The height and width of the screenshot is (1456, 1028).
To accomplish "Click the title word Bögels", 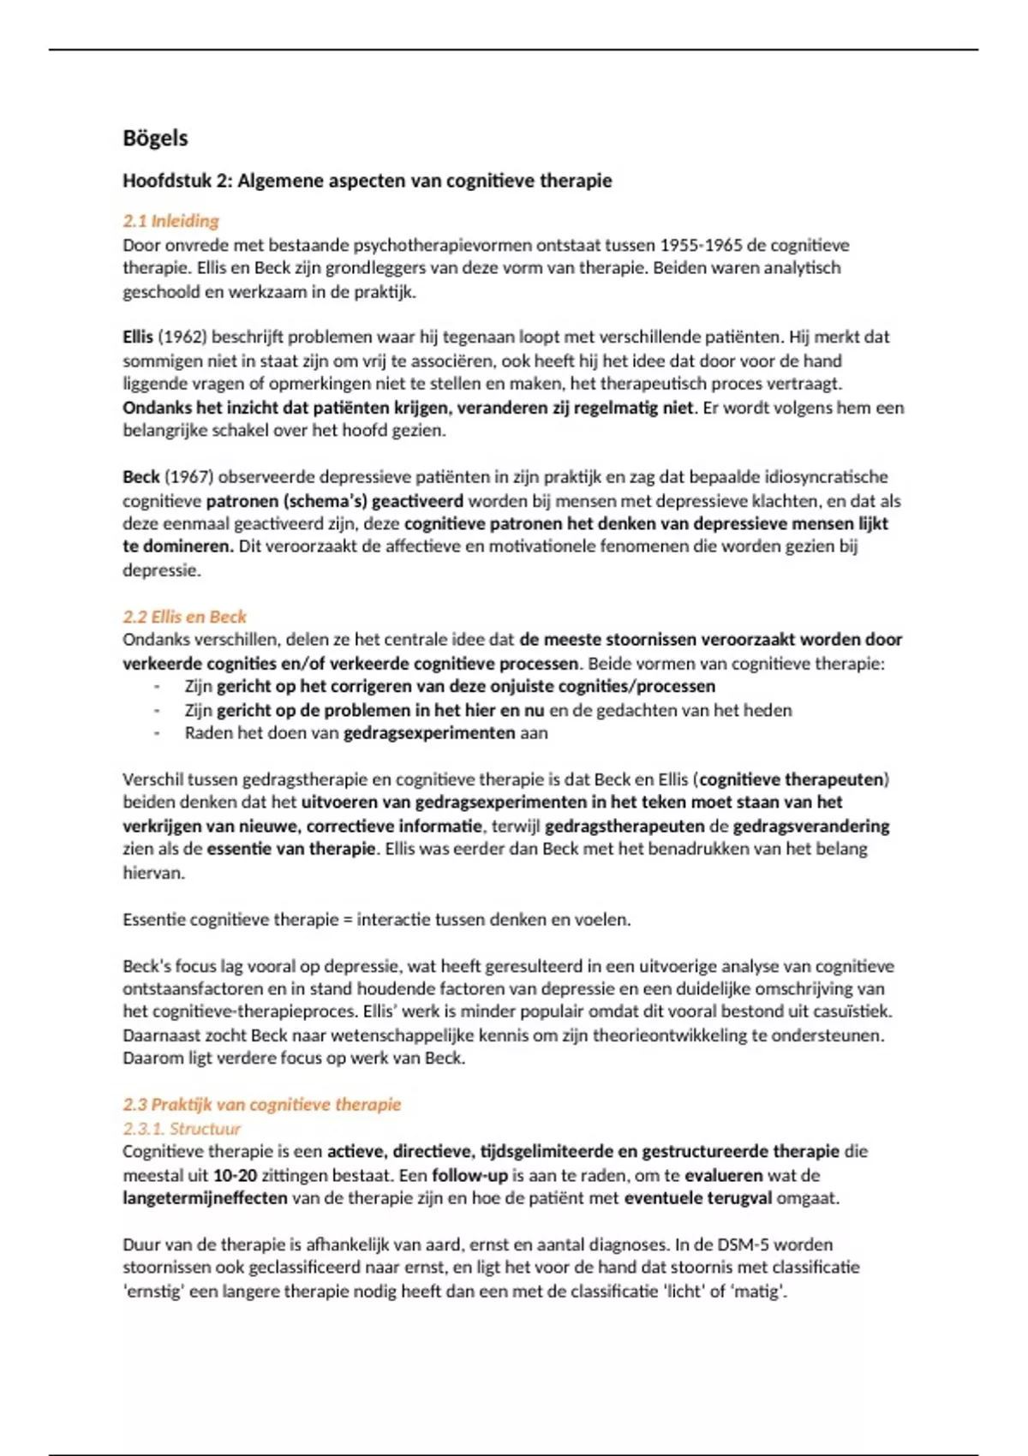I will pyautogui.click(x=155, y=139).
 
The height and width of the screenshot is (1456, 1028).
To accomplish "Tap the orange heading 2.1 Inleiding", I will pyautogui.click(x=170, y=221).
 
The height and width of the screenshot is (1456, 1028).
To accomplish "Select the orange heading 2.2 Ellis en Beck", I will pyautogui.click(x=184, y=617).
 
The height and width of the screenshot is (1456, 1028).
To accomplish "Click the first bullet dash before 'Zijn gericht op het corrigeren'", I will pyautogui.click(x=157, y=687).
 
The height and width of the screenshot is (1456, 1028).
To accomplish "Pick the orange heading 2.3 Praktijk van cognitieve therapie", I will pyautogui.click(x=261, y=1104).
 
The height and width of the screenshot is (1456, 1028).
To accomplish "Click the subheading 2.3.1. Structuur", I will pyautogui.click(x=182, y=1128).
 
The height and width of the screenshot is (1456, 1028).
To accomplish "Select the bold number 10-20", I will pyautogui.click(x=235, y=1175).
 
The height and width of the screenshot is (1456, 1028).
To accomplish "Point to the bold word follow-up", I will pyautogui.click(x=469, y=1175).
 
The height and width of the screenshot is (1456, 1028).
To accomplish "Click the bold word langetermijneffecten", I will pyautogui.click(x=205, y=1198).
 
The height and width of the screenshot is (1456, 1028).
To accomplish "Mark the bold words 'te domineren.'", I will pyautogui.click(x=177, y=546).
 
